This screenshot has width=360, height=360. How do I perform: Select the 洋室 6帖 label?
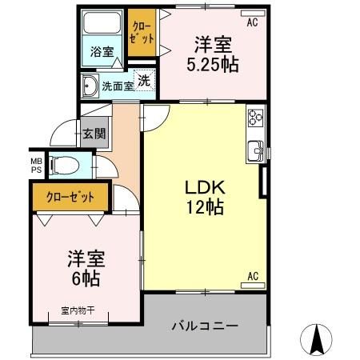[x=82, y=270]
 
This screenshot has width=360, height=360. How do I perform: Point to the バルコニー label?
[x=205, y=326]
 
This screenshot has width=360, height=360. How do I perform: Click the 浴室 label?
[x=102, y=52]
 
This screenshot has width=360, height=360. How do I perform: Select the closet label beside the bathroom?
[x=142, y=31]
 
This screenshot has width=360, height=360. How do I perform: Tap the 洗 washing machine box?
[x=144, y=80]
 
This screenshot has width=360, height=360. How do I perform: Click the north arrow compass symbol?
[x=317, y=340]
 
